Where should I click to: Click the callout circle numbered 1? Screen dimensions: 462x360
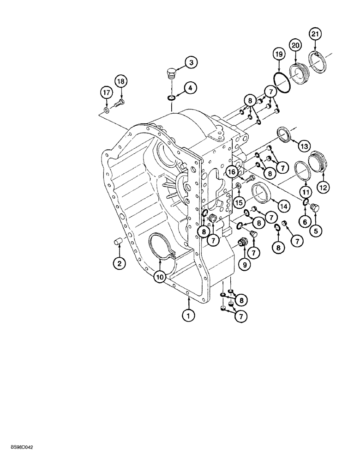click(x=188, y=316)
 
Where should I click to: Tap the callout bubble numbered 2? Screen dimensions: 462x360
click(x=120, y=264)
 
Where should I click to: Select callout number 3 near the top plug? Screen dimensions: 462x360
click(x=192, y=62)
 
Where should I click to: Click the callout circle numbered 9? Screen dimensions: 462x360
click(x=245, y=265)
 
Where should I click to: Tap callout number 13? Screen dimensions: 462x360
click(x=304, y=146)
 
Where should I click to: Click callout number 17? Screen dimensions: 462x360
click(x=107, y=93)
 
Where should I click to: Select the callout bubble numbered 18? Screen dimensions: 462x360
click(x=120, y=82)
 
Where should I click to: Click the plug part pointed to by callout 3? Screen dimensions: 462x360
click(x=170, y=73)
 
